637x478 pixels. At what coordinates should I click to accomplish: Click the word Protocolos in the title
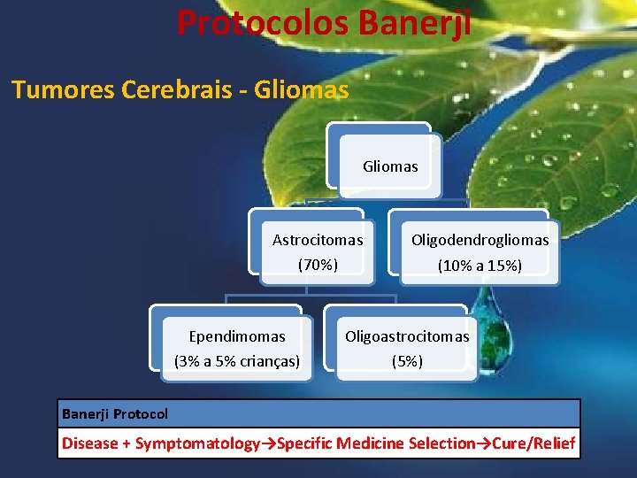pyautogui.click(x=263, y=22)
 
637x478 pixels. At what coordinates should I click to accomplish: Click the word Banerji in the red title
pyautogui.click(x=415, y=22)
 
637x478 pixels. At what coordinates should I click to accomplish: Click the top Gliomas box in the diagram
pyautogui.click(x=390, y=166)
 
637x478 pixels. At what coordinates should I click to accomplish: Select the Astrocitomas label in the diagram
pyautogui.click(x=318, y=240)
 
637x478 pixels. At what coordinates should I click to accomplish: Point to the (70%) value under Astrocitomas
pyautogui.click(x=318, y=264)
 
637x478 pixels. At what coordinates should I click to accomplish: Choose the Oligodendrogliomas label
pyautogui.click(x=480, y=240)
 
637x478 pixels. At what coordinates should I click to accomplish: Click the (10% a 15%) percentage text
pyautogui.click(x=480, y=265)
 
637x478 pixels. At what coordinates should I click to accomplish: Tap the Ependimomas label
pyautogui.click(x=237, y=336)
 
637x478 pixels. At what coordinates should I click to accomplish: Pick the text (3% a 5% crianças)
pyautogui.click(x=237, y=360)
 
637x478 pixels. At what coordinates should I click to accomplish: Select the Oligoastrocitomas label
pyautogui.click(x=407, y=336)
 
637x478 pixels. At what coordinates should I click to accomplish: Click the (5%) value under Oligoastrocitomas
pyautogui.click(x=407, y=361)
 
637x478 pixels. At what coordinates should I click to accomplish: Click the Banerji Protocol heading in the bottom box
pyautogui.click(x=115, y=413)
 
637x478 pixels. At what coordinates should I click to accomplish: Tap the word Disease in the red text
pyautogui.click(x=89, y=443)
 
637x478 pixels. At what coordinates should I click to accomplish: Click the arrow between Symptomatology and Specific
pyautogui.click(x=271, y=443)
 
